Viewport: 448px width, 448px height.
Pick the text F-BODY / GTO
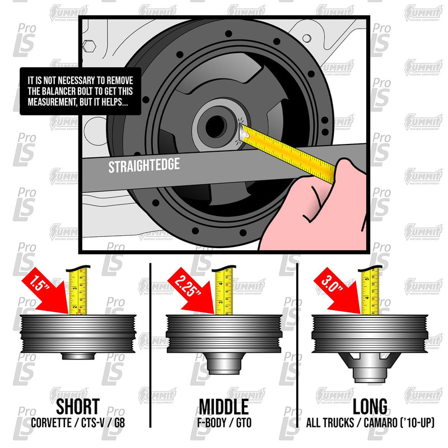[x=224, y=424]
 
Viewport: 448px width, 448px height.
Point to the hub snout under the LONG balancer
[x=370, y=371]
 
